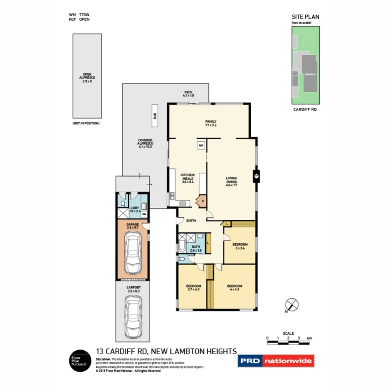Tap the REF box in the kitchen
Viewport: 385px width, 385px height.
pyautogui.click(x=201, y=146)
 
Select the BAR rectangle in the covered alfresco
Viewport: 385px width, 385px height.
pyautogui.click(x=155, y=116)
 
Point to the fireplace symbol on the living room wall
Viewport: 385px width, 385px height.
pyautogui.click(x=256, y=176)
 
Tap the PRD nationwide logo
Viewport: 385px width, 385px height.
pyautogui.click(x=276, y=361)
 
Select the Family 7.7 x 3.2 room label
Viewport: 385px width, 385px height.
pyautogui.click(x=211, y=123)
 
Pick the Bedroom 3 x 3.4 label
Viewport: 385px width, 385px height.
pyautogui.click(x=240, y=246)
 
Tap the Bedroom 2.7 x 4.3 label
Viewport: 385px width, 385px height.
pyautogui.click(x=193, y=288)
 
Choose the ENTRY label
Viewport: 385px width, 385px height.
pyautogui.click(x=191, y=221)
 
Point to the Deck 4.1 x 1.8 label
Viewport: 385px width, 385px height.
pyautogui.click(x=188, y=94)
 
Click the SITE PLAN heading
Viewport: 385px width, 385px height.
pyautogui.click(x=305, y=17)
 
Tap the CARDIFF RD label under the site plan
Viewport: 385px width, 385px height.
pyautogui.click(x=305, y=109)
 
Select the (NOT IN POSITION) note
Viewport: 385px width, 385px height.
pyautogui.click(x=86, y=124)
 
